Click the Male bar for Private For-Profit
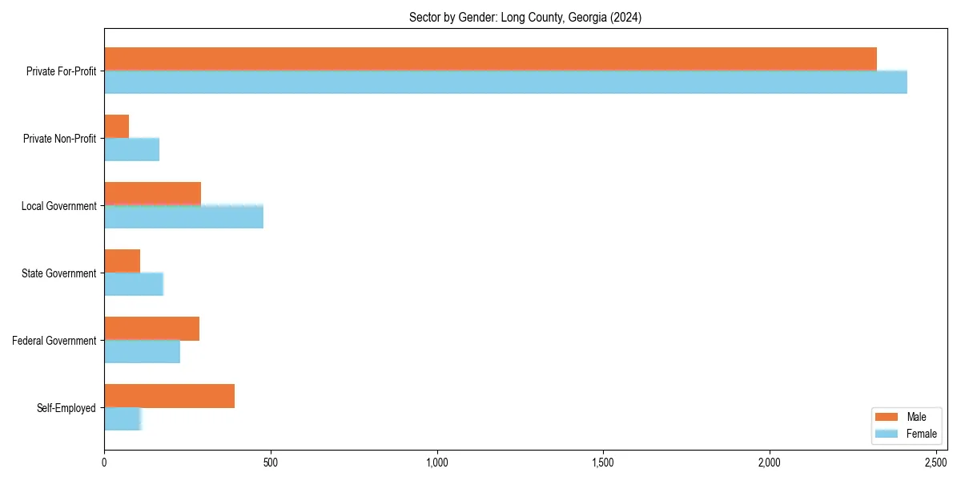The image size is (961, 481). tap(490, 59)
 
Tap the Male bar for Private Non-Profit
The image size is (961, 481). tap(116, 127)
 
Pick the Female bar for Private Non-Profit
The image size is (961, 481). tap(131, 149)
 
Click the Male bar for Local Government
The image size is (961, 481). tap(152, 194)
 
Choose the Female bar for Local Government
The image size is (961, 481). tap(183, 216)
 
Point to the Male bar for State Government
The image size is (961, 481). tap(122, 261)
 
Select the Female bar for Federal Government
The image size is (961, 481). tap(142, 351)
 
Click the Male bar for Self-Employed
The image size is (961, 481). tap(169, 396)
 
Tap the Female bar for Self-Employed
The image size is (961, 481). tap(123, 418)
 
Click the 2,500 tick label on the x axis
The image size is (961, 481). tap(935, 463)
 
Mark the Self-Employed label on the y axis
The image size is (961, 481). tap(66, 408)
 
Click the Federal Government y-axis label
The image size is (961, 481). tap(54, 341)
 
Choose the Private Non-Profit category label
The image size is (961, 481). tap(59, 139)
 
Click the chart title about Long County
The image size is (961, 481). tap(525, 17)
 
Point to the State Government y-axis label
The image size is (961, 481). tap(59, 273)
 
